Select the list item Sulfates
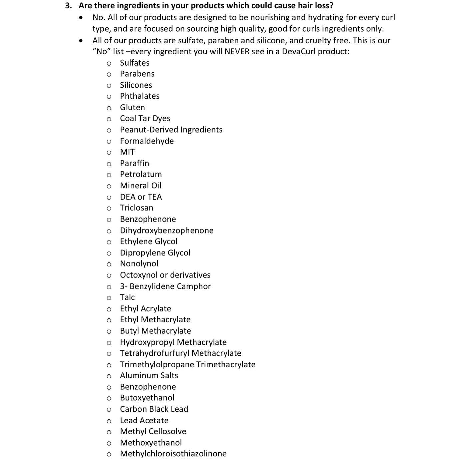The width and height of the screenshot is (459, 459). [135, 63]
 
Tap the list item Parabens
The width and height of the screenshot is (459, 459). [137, 74]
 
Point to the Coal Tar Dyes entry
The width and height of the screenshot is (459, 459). [145, 118]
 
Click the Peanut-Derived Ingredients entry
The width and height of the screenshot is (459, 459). [171, 130]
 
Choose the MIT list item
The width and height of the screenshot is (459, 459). [127, 152]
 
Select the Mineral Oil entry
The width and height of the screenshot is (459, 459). [140, 185]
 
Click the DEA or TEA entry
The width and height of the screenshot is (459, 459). [141, 197]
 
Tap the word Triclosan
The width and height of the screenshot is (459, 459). [137, 208]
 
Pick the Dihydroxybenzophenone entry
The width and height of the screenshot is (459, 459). [167, 230]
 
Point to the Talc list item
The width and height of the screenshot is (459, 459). [127, 297]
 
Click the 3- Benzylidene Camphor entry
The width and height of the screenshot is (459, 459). [165, 286]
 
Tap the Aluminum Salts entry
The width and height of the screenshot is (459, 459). [149, 375]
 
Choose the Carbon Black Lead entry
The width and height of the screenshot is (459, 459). [154, 409]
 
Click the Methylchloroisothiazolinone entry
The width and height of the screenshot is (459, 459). [173, 454]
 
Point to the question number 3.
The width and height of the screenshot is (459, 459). [68, 6]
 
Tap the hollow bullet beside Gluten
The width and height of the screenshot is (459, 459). [109, 108]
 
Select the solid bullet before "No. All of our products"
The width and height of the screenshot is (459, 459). [81, 18]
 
